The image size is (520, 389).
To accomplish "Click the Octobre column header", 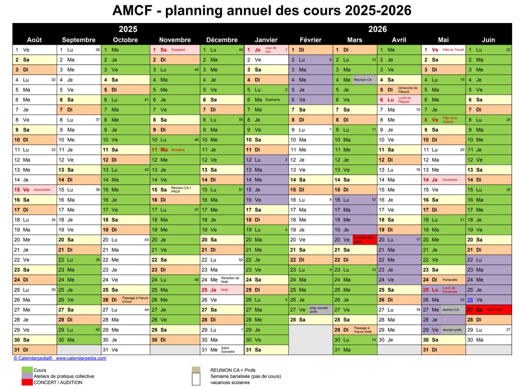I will pyautogui.click(x=125, y=40).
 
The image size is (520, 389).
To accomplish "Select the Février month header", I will pyautogui.click(x=310, y=40).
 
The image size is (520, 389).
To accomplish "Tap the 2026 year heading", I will pyautogui.click(x=377, y=29).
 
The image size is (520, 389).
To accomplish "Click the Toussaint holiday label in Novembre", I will pyautogui.click(x=178, y=50).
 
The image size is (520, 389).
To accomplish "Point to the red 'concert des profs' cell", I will pyautogui.click(x=364, y=240).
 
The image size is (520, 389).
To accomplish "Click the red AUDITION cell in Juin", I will pyautogui.click(x=495, y=310).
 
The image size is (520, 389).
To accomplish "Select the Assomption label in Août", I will pyautogui.click(x=42, y=190).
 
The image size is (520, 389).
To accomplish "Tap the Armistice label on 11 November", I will pyautogui.click(x=178, y=150).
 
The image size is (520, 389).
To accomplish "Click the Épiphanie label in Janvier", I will pyautogui.click(x=273, y=100).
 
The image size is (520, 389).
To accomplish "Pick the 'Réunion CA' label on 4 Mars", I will pyautogui.click(x=363, y=80).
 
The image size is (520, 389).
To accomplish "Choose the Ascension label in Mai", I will pyautogui.click(x=450, y=180).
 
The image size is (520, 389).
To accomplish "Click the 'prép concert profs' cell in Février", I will pyautogui.click(x=319, y=310).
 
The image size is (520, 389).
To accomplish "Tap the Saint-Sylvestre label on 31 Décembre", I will pyautogui.click(x=228, y=350).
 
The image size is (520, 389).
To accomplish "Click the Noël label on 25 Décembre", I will pyautogui.click(x=225, y=290).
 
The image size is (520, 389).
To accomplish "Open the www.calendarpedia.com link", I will pyautogui.click(x=81, y=358).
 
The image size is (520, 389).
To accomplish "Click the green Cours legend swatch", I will pyautogui.click(x=27, y=370).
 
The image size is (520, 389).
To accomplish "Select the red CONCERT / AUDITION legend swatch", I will pyautogui.click(x=27, y=382).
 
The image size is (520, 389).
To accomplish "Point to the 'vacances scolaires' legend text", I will pyautogui.click(x=230, y=383).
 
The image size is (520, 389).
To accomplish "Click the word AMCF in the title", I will pyautogui.click(x=132, y=10).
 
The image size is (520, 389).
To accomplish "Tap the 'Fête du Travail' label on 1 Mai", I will pyautogui.click(x=453, y=50).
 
